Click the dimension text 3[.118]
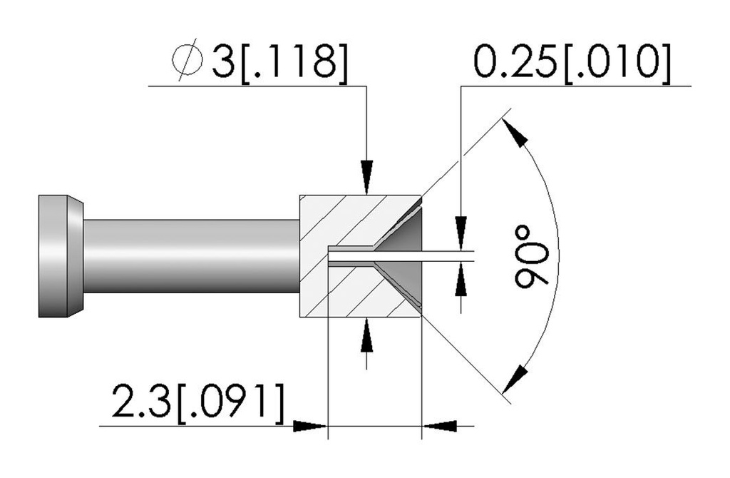(279, 61)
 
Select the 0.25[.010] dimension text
(572, 61)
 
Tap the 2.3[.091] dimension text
(197, 401)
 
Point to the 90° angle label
(530, 255)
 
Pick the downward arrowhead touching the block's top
(367, 177)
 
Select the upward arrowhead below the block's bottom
(367, 335)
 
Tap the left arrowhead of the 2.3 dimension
(310, 426)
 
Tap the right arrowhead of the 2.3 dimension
(439, 426)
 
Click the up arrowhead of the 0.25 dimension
(461, 280)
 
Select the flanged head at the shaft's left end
(61, 256)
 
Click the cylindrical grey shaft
(191, 256)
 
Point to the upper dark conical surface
(404, 230)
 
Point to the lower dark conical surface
(404, 282)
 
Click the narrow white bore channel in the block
(401, 256)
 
